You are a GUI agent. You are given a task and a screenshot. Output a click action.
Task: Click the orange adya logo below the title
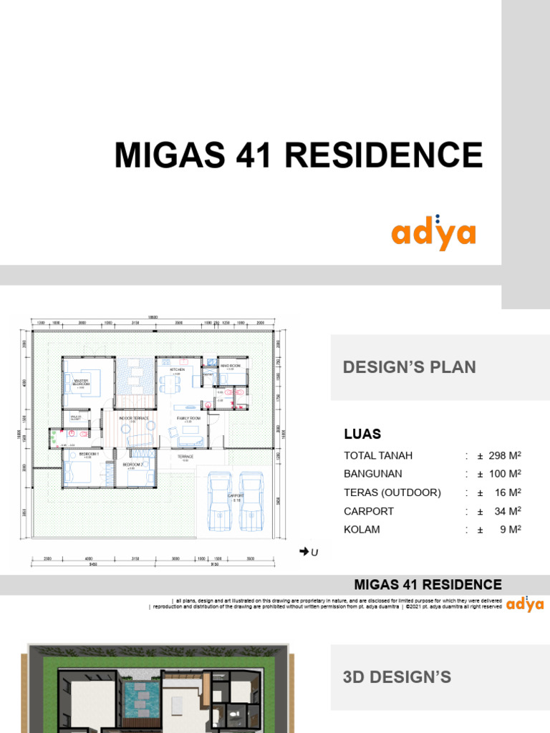click(433, 234)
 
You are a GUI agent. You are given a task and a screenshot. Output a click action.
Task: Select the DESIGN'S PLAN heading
click(409, 367)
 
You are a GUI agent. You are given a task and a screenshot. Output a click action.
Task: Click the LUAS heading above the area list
click(362, 435)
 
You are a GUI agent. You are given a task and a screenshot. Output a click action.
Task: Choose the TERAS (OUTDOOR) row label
click(392, 492)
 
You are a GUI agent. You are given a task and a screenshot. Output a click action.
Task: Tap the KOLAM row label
click(362, 530)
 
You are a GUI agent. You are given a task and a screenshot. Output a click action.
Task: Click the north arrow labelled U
click(309, 551)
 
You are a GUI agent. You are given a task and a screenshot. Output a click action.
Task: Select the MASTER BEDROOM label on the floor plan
click(81, 382)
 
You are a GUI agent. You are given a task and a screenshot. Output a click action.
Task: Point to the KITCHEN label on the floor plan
click(177, 369)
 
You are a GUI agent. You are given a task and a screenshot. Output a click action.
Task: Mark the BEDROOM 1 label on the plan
click(88, 455)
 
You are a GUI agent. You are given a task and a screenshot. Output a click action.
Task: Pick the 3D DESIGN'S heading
click(397, 676)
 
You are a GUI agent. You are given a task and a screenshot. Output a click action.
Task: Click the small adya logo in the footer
click(525, 605)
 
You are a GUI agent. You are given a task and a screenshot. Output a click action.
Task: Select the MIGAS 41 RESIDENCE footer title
click(428, 585)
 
